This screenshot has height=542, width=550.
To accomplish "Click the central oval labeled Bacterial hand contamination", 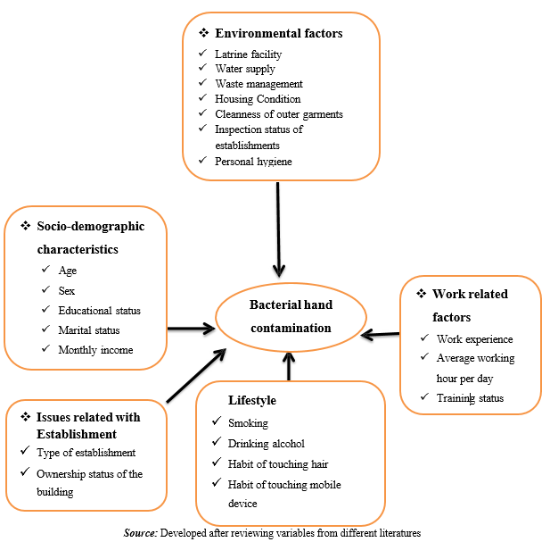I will click(291, 317).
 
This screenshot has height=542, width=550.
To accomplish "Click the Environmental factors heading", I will click(278, 33).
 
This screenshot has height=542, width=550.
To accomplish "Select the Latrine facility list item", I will click(248, 54).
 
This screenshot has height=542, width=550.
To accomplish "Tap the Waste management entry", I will click(259, 84).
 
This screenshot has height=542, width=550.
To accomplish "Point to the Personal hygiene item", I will click(252, 161).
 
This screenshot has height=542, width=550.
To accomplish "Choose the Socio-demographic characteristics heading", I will click(89, 238).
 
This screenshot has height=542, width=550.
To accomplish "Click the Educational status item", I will click(99, 311).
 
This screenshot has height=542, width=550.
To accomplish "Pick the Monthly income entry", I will click(95, 350).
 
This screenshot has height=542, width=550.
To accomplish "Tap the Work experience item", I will click(474, 339).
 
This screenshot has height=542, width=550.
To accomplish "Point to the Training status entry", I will click(470, 398).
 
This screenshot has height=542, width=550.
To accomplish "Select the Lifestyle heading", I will click(252, 401).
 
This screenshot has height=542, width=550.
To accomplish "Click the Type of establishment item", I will click(86, 453).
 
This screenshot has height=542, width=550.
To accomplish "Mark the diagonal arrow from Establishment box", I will click(194, 373).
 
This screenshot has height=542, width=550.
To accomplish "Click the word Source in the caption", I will click(141, 532).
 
